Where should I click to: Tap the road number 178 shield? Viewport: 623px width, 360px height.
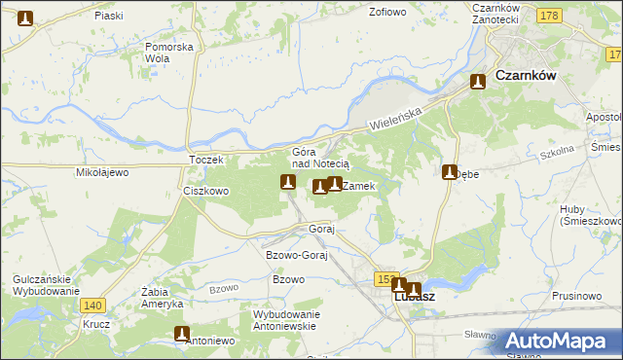pyautogui.click(x=549, y=16)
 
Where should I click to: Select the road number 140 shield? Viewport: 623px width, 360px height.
pyautogui.click(x=94, y=305)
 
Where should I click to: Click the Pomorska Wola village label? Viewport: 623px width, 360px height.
pyautogui.click(x=169, y=52)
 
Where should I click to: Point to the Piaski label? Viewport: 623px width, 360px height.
pyautogui.click(x=109, y=16)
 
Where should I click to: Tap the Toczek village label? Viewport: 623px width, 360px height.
pyautogui.click(x=206, y=159)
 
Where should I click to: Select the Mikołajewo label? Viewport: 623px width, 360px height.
pyautogui.click(x=102, y=172)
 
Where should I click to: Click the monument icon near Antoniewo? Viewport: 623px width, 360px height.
pyautogui.click(x=181, y=334)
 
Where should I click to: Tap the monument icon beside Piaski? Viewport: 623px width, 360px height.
pyautogui.click(x=25, y=18)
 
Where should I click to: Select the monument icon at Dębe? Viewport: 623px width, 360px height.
pyautogui.click(x=450, y=172)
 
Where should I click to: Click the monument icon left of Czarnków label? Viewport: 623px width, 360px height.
pyautogui.click(x=478, y=83)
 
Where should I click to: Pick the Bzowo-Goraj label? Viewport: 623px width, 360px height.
pyautogui.click(x=295, y=254)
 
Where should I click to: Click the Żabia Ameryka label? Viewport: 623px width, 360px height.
pyautogui.click(x=163, y=297)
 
